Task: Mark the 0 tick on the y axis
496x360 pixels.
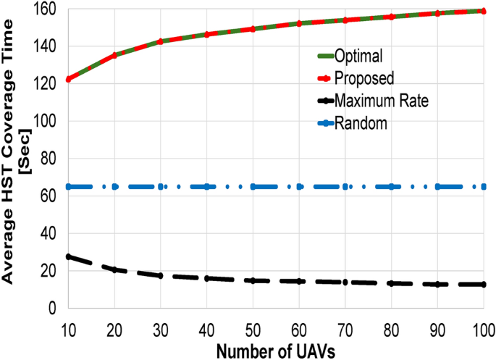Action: pos(54,309)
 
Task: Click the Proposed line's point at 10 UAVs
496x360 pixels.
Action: pos(68,79)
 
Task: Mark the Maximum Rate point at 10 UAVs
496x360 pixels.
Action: pos(68,256)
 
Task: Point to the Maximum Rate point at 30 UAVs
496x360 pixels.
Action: pos(161,276)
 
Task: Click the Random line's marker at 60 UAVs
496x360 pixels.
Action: pos(299,187)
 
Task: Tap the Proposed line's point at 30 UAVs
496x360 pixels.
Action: pos(161,41)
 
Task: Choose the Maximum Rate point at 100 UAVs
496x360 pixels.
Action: pos(484,285)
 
